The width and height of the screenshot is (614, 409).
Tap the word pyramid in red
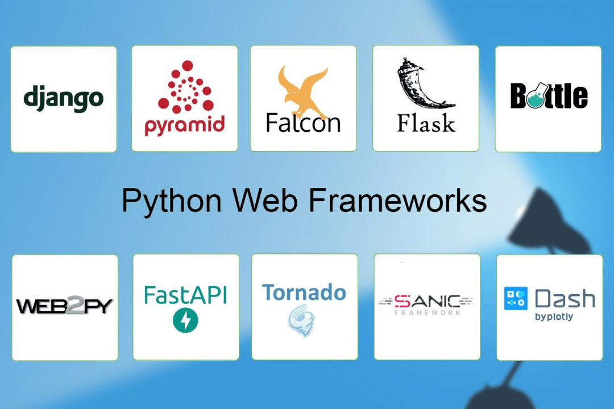point(184,124)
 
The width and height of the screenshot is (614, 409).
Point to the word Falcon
point(303,122)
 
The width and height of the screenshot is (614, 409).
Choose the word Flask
point(426,122)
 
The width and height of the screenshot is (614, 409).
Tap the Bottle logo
point(549,96)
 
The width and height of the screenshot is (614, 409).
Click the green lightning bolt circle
point(185,321)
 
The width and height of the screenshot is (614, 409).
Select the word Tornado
point(304,293)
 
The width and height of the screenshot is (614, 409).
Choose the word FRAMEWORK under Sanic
point(428,312)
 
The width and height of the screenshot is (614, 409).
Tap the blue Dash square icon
point(516,299)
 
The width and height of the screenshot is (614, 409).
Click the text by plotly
point(554,317)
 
